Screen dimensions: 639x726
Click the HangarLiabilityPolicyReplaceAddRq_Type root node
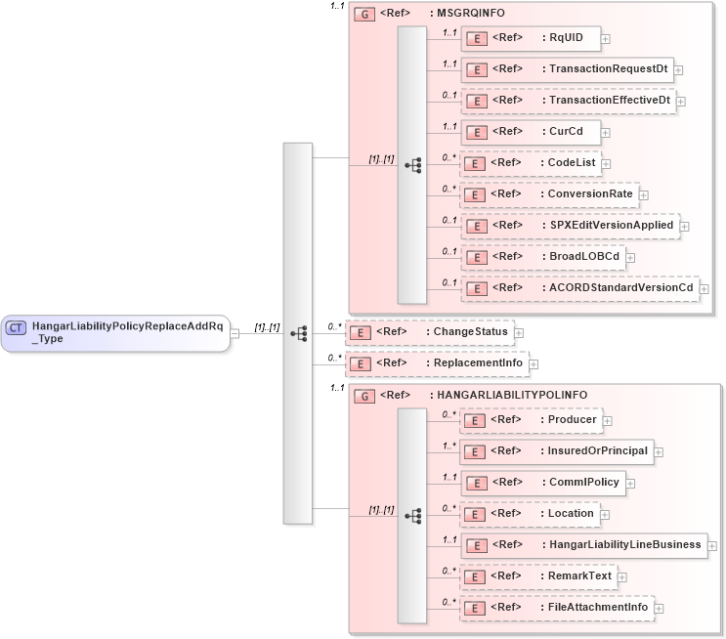click(115, 333)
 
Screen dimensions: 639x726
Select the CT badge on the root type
click(17, 328)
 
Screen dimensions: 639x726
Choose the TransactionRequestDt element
click(567, 70)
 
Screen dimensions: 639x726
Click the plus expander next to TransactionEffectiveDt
click(681, 102)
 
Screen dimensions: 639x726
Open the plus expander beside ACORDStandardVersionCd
click(704, 289)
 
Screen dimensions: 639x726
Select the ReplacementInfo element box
click(436, 364)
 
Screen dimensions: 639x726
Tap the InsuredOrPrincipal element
click(556, 451)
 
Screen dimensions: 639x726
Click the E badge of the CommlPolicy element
click(474, 483)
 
